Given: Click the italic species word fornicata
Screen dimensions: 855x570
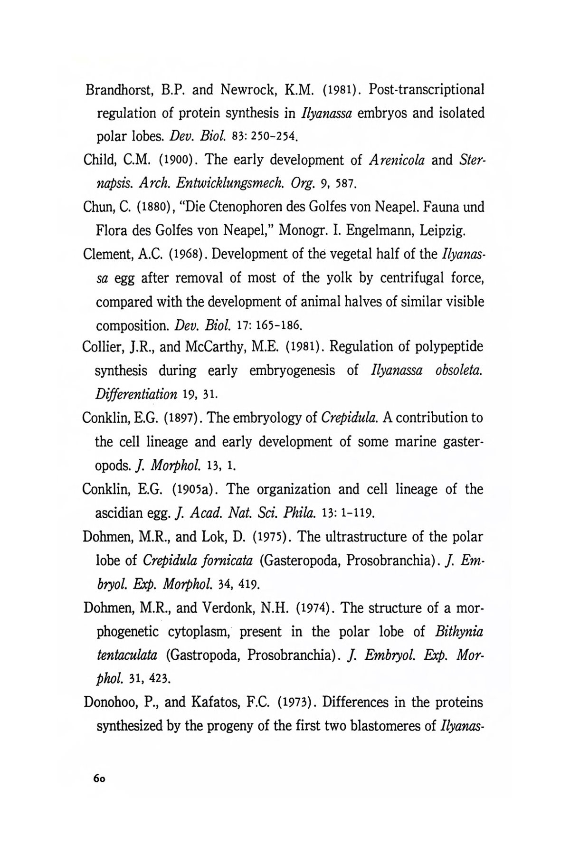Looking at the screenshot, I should click(225, 560).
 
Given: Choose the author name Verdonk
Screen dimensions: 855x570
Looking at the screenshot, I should click(243, 608).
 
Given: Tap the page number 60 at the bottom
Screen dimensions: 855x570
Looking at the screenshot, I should click(99, 780).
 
